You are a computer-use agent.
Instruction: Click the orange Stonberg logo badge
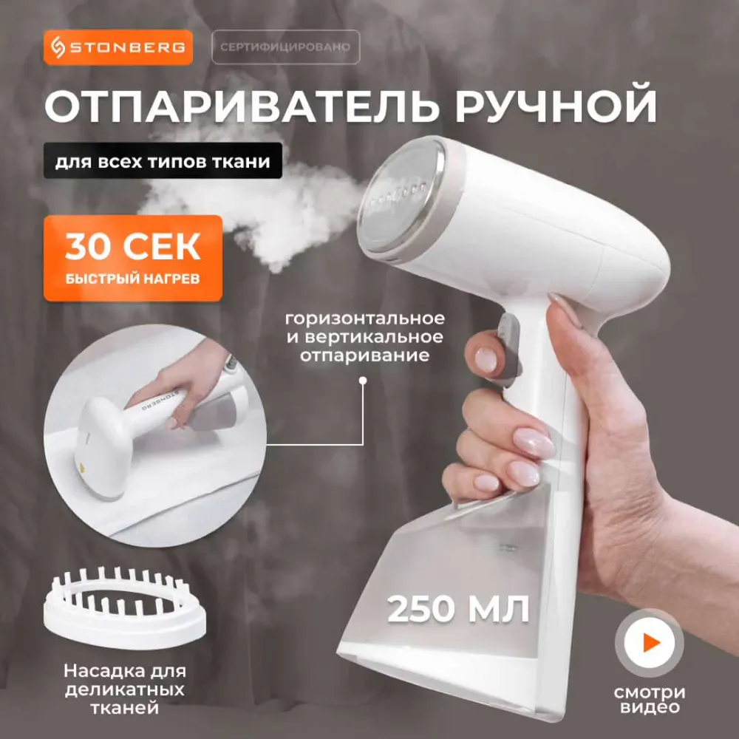click(x=118, y=47)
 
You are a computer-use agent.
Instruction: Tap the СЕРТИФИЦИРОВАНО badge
click(x=285, y=47)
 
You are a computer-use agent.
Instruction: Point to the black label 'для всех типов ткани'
click(x=163, y=161)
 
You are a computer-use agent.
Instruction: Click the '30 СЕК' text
click(x=133, y=247)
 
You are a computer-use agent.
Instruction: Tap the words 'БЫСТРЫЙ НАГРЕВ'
click(x=132, y=279)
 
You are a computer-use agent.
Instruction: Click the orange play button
click(x=650, y=642)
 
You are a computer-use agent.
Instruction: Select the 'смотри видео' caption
click(x=650, y=699)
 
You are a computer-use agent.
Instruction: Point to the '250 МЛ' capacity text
click(x=458, y=609)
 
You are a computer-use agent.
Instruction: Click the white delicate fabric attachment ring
click(x=124, y=608)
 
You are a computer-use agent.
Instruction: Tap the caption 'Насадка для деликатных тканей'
click(x=124, y=689)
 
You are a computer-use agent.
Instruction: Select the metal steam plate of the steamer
click(x=401, y=198)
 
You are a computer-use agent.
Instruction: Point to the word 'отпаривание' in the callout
click(x=365, y=355)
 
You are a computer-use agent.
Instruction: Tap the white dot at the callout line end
click(x=362, y=380)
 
